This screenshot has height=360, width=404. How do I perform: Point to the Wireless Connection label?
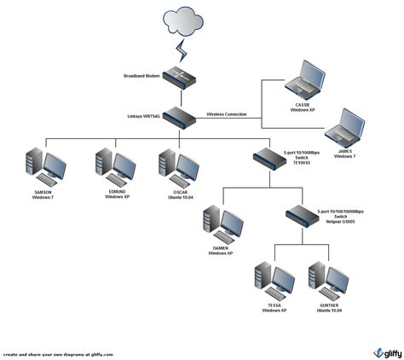pos(228,113)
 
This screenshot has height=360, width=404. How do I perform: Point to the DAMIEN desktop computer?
pos(221,224)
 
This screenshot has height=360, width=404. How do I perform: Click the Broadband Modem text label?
pos(141,76)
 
